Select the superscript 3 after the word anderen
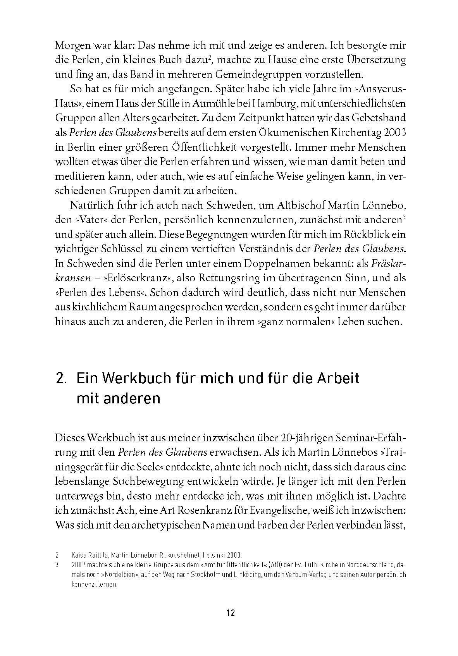click(404, 217)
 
